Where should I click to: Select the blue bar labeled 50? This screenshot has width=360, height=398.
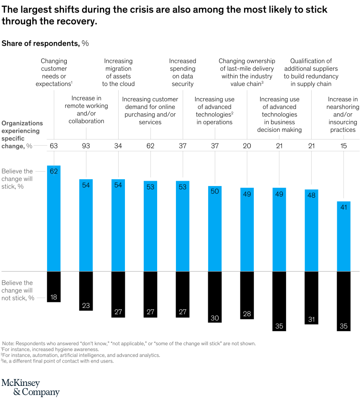click(214, 228)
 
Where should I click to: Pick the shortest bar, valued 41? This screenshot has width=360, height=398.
click(343, 236)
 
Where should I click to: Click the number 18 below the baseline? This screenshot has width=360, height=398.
click(54, 297)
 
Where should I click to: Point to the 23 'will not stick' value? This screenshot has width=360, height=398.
click(86, 306)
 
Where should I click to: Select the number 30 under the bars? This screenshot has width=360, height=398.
click(214, 318)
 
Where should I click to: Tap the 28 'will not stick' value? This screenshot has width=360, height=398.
click(247, 314)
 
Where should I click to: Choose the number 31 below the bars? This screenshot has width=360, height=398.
click(311, 320)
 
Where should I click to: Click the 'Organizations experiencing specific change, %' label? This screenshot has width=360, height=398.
click(22, 134)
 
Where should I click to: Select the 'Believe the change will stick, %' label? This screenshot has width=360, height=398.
click(17, 179)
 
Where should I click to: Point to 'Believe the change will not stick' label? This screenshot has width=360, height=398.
click(17, 290)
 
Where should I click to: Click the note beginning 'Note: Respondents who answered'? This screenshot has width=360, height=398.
click(129, 343)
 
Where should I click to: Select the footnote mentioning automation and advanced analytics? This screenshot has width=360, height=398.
click(80, 355)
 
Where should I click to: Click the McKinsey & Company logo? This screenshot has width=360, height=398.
click(30, 387)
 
